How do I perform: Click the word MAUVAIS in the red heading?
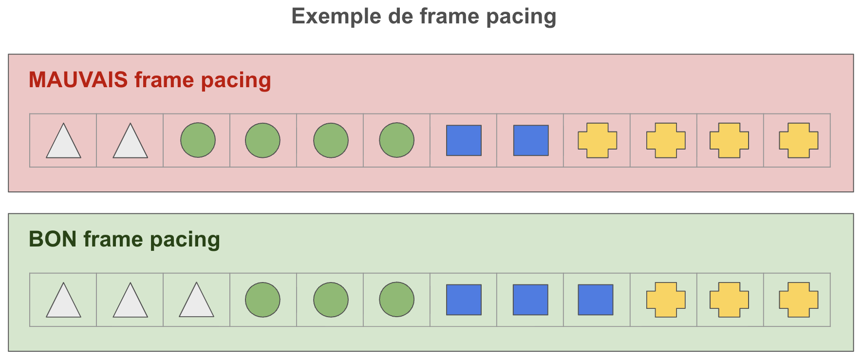click(78, 80)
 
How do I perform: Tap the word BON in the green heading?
click(53, 239)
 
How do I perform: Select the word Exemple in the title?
click(336, 16)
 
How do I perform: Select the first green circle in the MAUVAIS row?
click(198, 140)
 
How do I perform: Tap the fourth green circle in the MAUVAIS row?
click(396, 140)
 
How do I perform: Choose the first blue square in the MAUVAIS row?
click(464, 140)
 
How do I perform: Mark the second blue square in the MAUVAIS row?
click(531, 140)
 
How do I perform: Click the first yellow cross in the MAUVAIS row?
click(597, 140)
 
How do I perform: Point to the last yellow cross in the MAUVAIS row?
click(798, 140)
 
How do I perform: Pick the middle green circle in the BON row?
click(331, 300)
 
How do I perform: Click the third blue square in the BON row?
click(595, 300)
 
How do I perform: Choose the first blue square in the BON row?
click(464, 300)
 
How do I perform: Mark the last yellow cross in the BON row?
click(798, 300)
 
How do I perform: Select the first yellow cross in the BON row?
click(666, 300)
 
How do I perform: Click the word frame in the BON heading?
click(113, 239)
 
